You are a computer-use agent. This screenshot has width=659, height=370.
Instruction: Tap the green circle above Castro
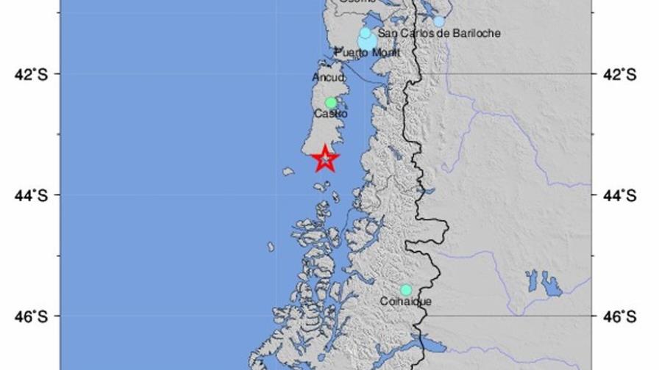click(331, 103)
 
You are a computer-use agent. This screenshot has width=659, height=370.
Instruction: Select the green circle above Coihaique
click(406, 290)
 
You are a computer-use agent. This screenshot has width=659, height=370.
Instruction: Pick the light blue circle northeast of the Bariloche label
click(439, 21)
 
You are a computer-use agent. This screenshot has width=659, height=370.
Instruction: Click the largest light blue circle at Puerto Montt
click(367, 41)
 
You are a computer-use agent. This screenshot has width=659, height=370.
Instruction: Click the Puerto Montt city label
click(368, 53)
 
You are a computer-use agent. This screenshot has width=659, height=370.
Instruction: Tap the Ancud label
click(327, 76)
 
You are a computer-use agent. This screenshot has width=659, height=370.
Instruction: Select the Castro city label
click(330, 114)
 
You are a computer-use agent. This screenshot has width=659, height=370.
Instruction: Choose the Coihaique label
click(406, 302)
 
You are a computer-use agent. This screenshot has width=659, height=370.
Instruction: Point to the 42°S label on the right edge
click(619, 74)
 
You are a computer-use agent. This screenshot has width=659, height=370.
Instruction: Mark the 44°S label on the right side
click(619, 195)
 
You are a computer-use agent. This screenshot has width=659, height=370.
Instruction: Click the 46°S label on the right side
click(619, 316)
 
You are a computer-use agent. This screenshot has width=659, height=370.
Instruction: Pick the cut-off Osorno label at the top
click(356, 2)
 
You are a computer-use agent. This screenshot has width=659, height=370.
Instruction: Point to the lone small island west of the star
click(288, 171)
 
